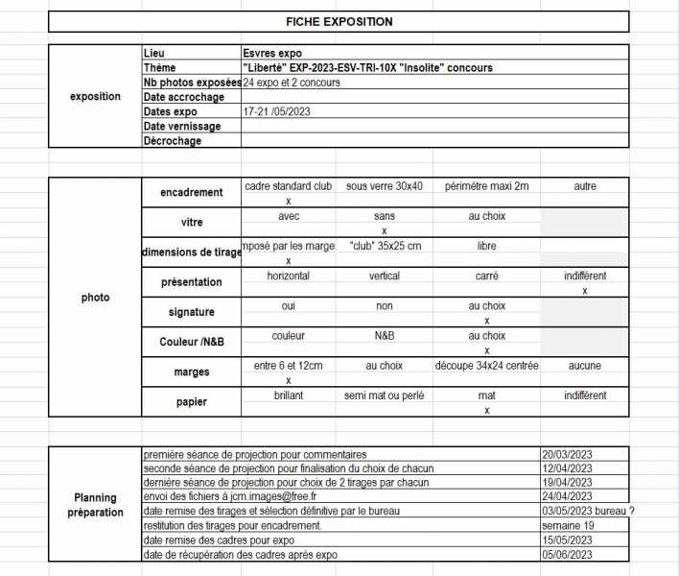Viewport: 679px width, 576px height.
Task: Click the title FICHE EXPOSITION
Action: click(x=339, y=21)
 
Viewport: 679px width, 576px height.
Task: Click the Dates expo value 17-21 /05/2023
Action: click(x=278, y=111)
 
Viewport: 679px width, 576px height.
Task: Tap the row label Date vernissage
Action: click(x=182, y=126)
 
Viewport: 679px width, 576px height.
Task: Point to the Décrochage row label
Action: click(x=173, y=140)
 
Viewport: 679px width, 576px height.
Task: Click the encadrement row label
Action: click(x=191, y=192)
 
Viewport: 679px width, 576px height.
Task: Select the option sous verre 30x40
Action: click(x=384, y=186)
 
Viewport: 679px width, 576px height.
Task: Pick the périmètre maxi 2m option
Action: click(x=486, y=186)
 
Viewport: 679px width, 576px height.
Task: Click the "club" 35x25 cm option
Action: click(x=384, y=246)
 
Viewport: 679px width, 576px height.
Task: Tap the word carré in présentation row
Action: click(x=486, y=276)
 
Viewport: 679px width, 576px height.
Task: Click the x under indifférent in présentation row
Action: click(x=584, y=290)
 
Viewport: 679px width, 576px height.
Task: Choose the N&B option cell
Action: click(x=384, y=336)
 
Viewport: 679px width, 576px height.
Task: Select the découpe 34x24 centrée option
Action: click(x=486, y=366)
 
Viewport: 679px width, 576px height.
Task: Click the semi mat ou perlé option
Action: click(x=384, y=396)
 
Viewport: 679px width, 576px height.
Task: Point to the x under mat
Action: click(x=486, y=410)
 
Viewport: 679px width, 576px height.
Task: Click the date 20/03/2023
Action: click(x=568, y=455)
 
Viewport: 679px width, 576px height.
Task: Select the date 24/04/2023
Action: click(x=568, y=497)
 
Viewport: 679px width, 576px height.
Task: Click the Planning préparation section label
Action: click(x=95, y=505)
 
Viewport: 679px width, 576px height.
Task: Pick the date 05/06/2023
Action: click(x=568, y=555)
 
